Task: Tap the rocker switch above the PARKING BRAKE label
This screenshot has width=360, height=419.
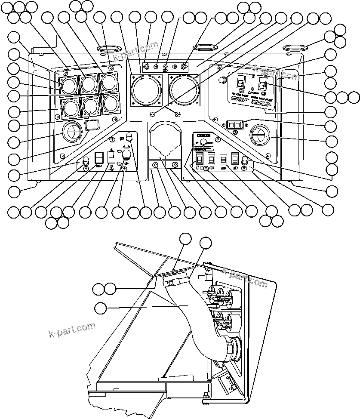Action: (x=241, y=83)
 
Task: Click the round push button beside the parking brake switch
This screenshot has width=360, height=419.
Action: (x=222, y=80)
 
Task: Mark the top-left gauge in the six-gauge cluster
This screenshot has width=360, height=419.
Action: (x=68, y=84)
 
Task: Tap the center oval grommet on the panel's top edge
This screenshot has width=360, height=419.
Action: (x=207, y=46)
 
